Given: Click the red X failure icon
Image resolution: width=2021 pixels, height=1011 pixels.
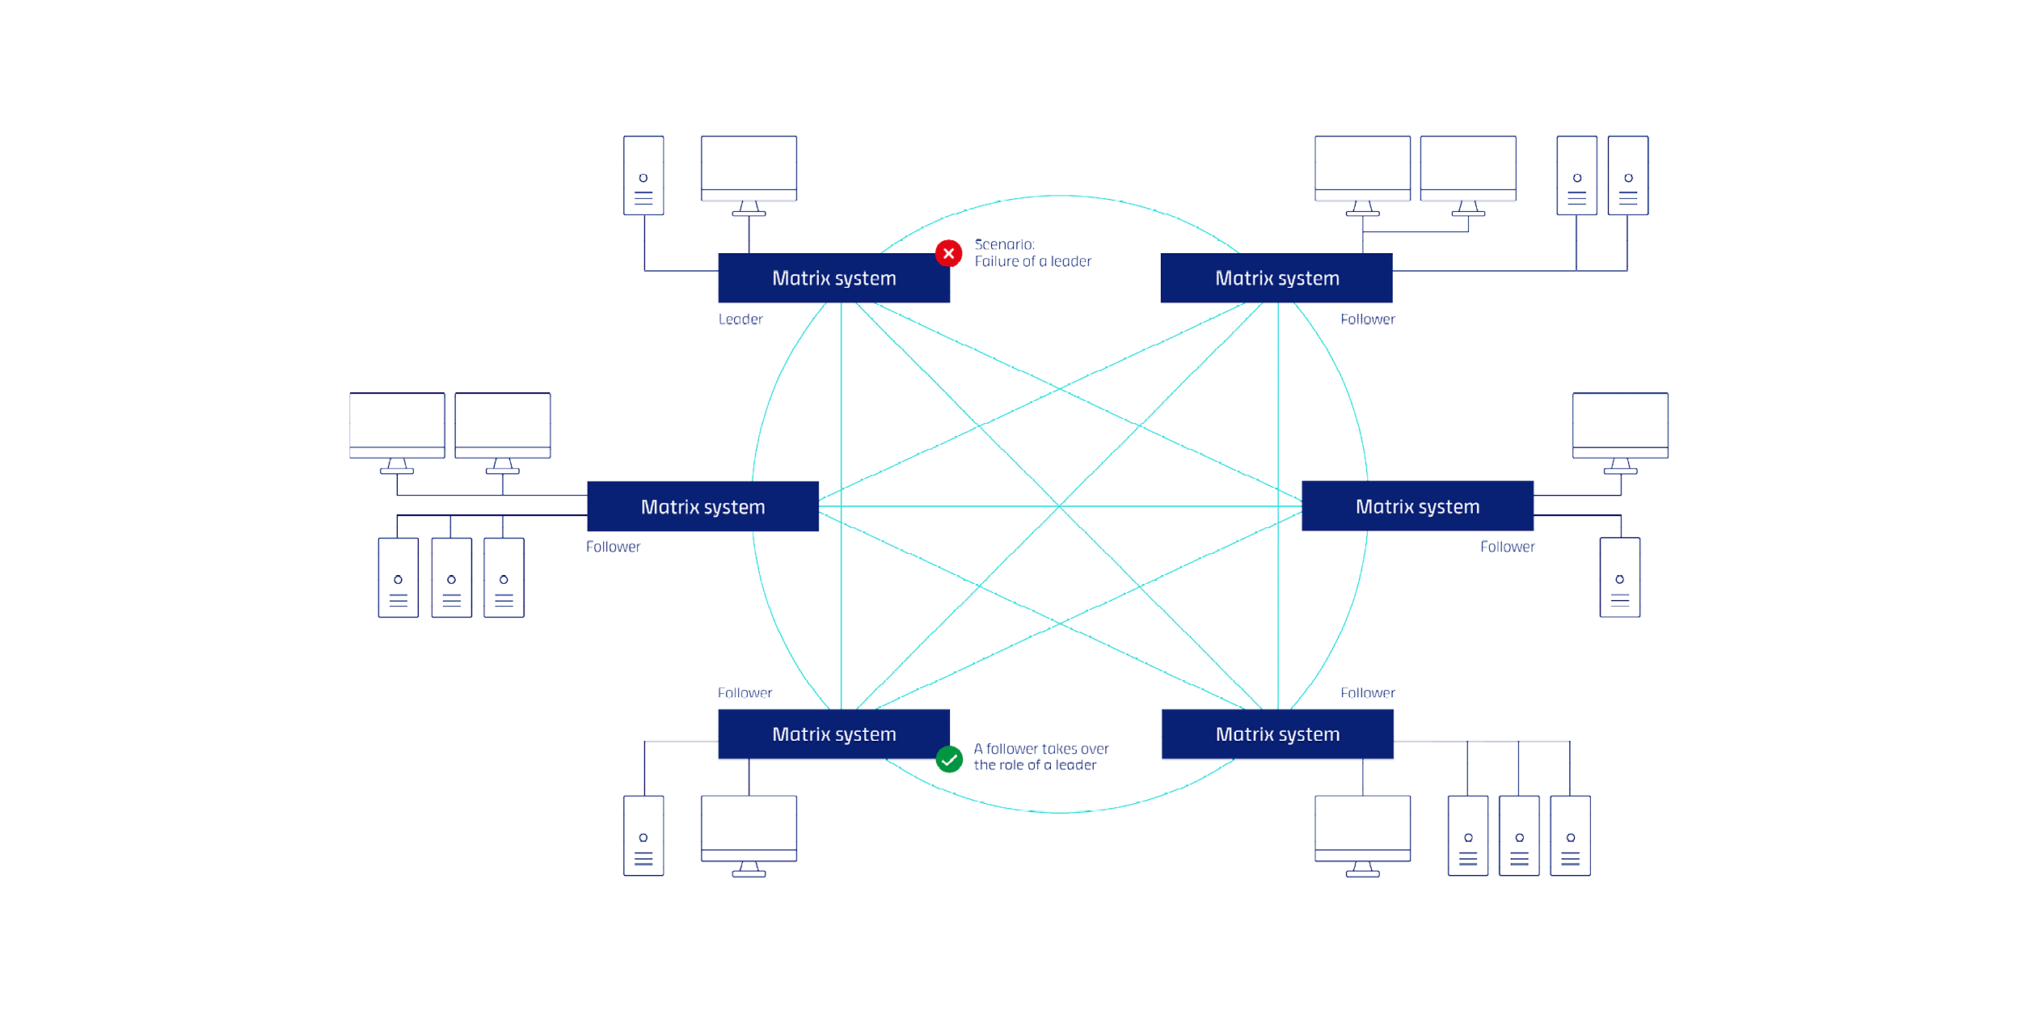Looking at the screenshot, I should (948, 253).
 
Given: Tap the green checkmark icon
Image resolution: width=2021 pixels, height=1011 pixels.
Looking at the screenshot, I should (949, 759).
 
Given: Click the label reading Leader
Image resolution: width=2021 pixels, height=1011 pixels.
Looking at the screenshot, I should (740, 319).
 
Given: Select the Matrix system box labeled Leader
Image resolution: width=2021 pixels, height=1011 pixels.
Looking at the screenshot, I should (833, 278).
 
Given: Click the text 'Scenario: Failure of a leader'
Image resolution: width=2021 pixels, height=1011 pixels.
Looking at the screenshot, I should (1032, 252).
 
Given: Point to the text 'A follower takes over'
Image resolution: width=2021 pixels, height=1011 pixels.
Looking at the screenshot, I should (1040, 749).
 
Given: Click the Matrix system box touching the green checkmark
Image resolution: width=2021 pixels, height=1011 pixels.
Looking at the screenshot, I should (833, 734).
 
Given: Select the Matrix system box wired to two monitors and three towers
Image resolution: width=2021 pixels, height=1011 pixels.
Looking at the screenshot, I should (702, 506).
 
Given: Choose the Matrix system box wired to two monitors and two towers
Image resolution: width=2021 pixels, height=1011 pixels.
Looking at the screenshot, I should (1276, 278).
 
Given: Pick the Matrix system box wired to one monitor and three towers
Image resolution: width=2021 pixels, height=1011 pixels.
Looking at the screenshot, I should (1277, 734).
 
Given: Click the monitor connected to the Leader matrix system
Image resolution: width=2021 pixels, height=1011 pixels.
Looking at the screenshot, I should (749, 170).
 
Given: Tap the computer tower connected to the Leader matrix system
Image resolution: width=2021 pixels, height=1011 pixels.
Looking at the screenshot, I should (643, 176).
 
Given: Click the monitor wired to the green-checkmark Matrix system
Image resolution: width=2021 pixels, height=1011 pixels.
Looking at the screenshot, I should (749, 830).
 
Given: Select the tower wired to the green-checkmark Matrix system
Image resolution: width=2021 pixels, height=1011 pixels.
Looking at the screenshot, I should (643, 835).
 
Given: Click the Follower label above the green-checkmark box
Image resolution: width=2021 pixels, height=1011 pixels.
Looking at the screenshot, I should (745, 693).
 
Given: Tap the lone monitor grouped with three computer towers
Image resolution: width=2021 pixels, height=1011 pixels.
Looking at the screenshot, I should (1362, 830).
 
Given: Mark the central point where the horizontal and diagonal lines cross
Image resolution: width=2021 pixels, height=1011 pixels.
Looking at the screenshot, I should (1059, 506).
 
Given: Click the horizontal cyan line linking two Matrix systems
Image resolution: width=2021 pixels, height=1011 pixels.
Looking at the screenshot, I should (930, 506).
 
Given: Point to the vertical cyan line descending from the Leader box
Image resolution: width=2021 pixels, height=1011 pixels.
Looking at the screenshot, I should (841, 404).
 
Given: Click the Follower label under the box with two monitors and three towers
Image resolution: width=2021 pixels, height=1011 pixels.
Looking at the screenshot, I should (613, 547).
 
